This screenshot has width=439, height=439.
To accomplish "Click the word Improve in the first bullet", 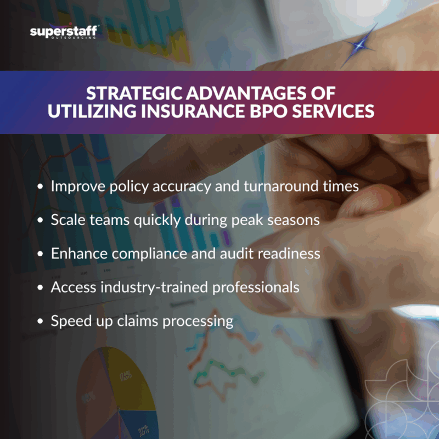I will (75, 186).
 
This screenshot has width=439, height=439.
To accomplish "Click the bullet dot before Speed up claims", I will (40, 321).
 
